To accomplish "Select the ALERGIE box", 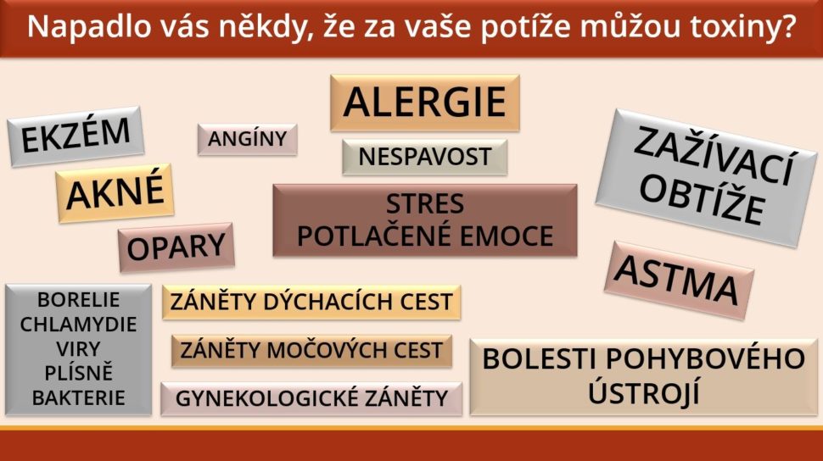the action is pos(424,103).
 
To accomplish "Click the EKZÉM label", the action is pos(76,136).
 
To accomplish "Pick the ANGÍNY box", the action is pos(247,139).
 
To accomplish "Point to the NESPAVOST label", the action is pos(424,157).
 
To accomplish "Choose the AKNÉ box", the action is pos(115,193).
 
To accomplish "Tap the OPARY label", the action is pos(176,247).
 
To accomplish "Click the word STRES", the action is pos(424,203).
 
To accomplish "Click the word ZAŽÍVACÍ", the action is pos(713,156).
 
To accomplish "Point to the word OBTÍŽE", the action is pos(701,201).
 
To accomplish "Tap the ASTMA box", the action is pos(679,280).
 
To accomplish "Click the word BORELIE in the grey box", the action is pos(78,299).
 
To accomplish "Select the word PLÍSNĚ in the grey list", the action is pos(78,372).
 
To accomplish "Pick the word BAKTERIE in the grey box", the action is pos(78,397).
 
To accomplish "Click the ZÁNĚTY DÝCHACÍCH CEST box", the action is pos(311,302).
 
